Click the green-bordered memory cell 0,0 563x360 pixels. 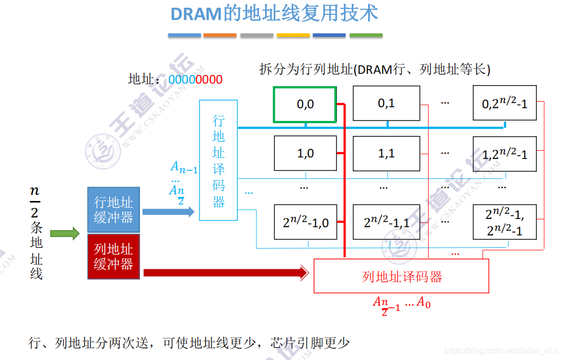point(305,105)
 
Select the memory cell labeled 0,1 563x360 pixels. point(386,103)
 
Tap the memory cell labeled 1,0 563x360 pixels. point(305,153)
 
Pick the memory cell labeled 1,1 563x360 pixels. point(386,153)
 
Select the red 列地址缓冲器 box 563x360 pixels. point(113,256)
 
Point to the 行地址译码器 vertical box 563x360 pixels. point(218,161)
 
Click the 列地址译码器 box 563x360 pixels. point(401,276)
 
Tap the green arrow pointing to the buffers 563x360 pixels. point(65,234)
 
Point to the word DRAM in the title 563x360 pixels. point(196,14)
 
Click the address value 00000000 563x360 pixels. point(195,79)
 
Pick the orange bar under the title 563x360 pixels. point(220,35)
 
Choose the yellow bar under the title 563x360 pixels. point(293,35)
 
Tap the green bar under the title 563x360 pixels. point(366,35)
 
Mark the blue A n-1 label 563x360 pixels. point(184,168)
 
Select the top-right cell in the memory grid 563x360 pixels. point(505,103)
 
